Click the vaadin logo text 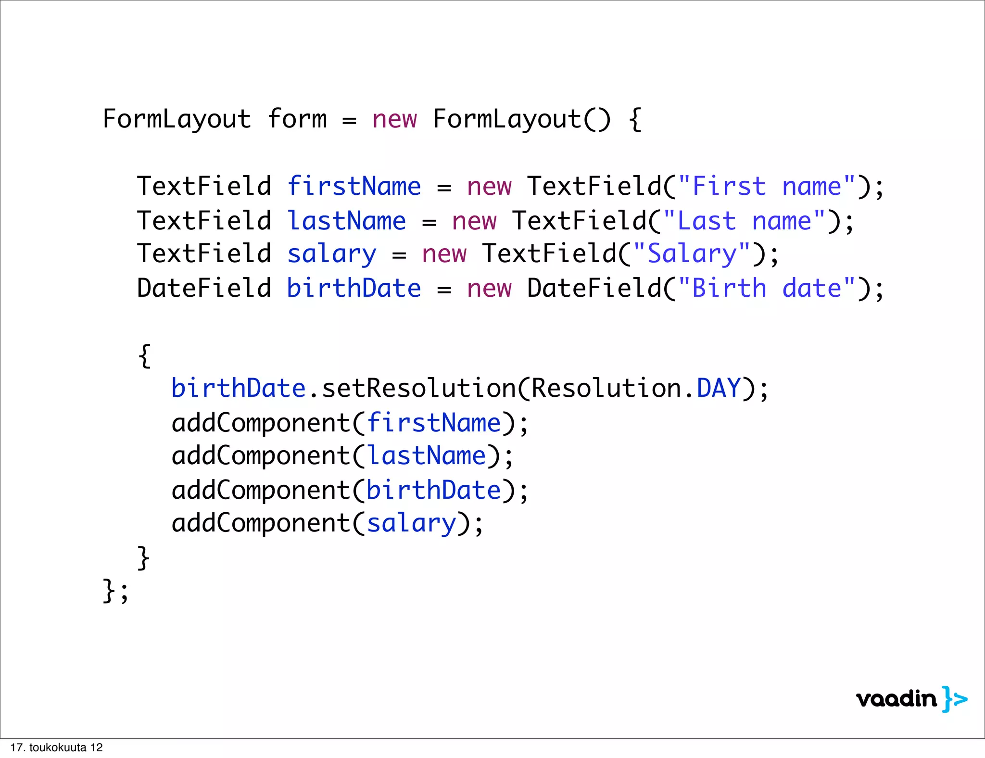[897, 699]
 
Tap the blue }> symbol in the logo [955, 699]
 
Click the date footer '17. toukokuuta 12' [56, 747]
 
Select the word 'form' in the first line [297, 119]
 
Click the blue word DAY [718, 388]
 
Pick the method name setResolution [418, 388]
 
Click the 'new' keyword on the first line [394, 119]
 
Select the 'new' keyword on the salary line [444, 253]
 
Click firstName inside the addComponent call [434, 423]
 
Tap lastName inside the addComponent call [427, 455]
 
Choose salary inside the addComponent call [411, 523]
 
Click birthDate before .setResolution [239, 388]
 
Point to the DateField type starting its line [204, 288]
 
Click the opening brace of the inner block [144, 356]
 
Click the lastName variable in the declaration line [346, 221]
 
